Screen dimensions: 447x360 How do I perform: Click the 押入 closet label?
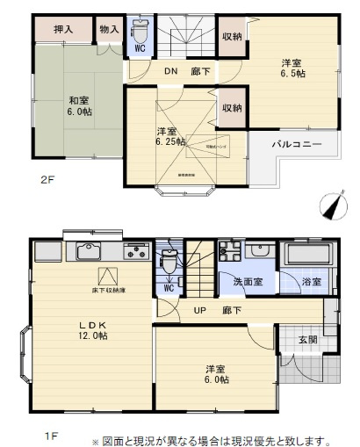pos(62,29)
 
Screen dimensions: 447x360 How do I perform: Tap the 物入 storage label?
pos(110,29)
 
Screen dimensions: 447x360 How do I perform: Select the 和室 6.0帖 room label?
pos(77,106)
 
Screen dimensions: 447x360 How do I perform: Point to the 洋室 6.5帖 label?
pos(292,68)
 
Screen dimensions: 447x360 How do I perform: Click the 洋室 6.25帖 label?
pos(170,136)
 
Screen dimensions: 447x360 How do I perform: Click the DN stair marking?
pos(169,73)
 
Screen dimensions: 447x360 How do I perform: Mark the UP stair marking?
pos(201,311)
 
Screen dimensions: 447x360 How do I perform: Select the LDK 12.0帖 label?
pos(90,330)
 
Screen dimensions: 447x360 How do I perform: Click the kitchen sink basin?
pos(89,254)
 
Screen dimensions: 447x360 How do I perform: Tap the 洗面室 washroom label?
pos(247,283)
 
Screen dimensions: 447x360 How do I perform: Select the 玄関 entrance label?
pos(307,339)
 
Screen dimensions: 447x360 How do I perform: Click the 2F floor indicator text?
pos(47,180)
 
